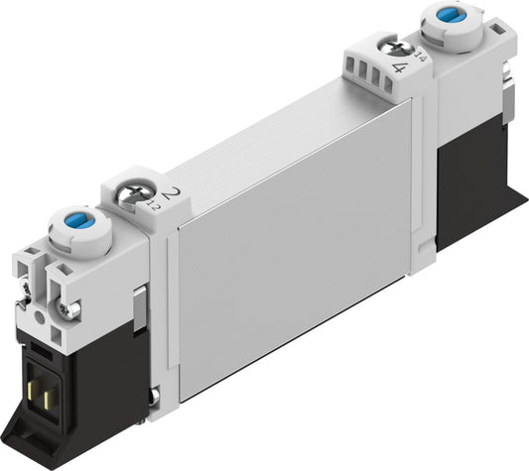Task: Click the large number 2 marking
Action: pyautogui.click(x=174, y=191)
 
